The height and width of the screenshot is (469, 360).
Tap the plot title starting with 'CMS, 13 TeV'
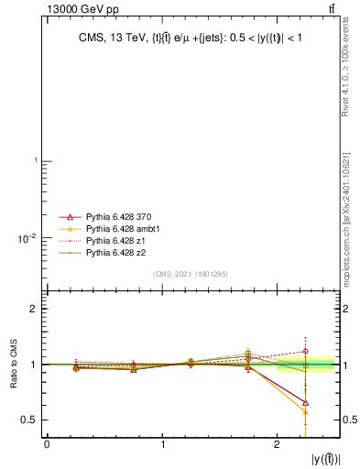click(192, 38)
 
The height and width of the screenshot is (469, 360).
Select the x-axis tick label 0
click(47, 445)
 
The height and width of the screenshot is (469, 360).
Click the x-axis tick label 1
click(163, 445)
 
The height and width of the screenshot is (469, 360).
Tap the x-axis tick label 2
click(278, 445)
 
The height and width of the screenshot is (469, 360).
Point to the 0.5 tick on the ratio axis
click(30, 420)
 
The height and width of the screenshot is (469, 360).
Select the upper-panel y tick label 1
click(35, 161)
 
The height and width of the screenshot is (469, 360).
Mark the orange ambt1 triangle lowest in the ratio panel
click(305, 412)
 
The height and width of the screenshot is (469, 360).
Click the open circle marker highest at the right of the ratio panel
click(305, 351)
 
